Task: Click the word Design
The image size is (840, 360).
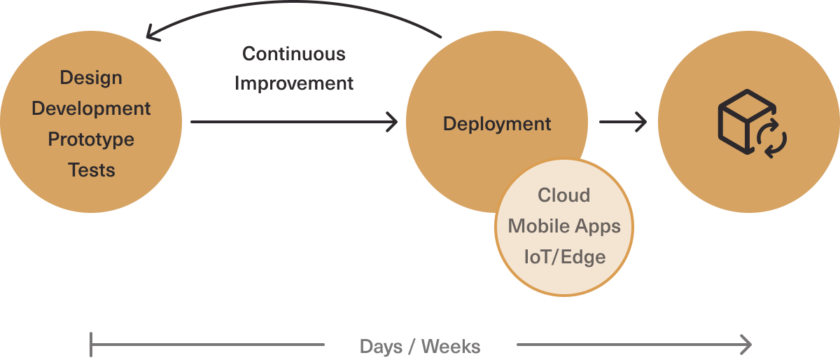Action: [x=91, y=78]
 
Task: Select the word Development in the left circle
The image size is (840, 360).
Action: [x=91, y=109]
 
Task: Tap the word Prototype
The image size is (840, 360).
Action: [x=91, y=139]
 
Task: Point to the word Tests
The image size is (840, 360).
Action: [x=91, y=170]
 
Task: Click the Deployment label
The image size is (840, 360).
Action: [x=497, y=124]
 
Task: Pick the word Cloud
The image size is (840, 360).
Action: [x=563, y=195]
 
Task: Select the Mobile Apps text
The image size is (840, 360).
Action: [x=563, y=226]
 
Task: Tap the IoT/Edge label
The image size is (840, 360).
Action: [x=564, y=256]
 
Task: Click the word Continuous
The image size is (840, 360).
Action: [x=294, y=53]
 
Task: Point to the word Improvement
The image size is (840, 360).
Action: [x=294, y=83]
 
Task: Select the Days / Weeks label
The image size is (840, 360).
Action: [x=420, y=346]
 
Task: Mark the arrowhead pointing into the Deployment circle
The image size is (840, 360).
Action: [x=392, y=123]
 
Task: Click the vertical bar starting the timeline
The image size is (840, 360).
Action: [x=91, y=345]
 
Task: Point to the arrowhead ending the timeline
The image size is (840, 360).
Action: [x=746, y=345]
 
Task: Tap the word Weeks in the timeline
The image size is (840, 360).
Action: [x=451, y=346]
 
